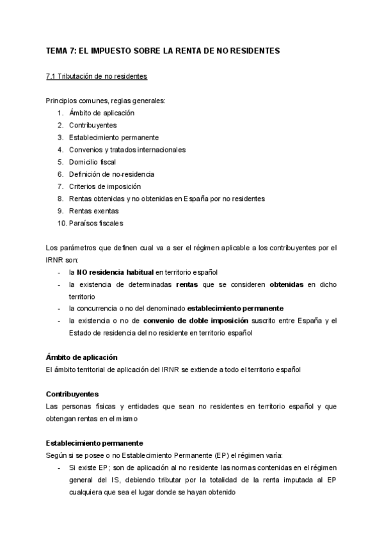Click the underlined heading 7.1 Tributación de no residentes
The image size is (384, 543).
pyautogui.click(x=97, y=76)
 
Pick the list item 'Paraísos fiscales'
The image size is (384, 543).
pyautogui.click(x=96, y=223)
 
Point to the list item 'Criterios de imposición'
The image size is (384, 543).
pyautogui.click(x=105, y=186)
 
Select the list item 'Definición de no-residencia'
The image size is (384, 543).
pyautogui.click(x=112, y=174)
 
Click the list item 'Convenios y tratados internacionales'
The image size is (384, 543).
pyautogui.click(x=127, y=150)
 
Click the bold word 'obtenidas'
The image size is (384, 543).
pyautogui.click(x=287, y=284)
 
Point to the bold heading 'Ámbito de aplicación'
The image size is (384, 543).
pyautogui.click(x=81, y=357)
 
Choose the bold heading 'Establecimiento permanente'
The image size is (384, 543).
pyautogui.click(x=94, y=442)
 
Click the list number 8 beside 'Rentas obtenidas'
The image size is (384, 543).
pyautogui.click(x=60, y=199)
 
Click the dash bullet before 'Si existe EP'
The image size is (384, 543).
pyautogui.click(x=60, y=467)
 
